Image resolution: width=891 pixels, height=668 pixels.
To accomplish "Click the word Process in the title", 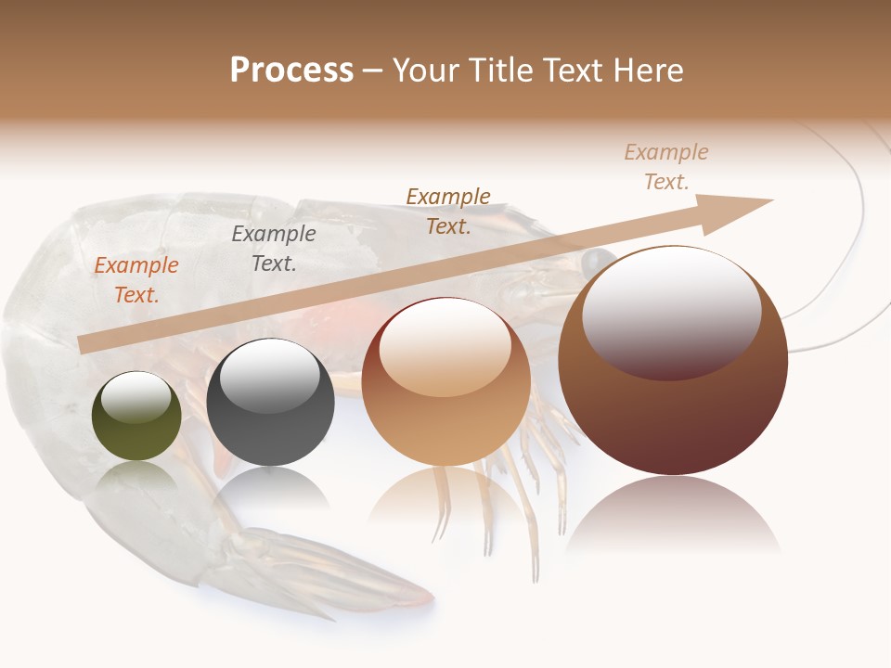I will [291, 71].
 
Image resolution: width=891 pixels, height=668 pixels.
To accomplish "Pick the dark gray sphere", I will [270, 403].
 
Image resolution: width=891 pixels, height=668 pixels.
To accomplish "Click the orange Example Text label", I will [136, 280].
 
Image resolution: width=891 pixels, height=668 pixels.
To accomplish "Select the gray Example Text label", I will [274, 249].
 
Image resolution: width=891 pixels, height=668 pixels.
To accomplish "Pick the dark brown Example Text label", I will [448, 211].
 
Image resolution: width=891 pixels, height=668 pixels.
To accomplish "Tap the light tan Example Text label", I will [666, 167].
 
